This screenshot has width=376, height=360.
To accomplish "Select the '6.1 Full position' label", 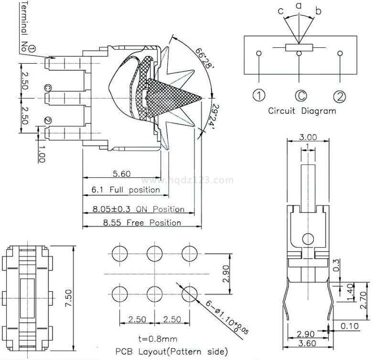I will point(126,190).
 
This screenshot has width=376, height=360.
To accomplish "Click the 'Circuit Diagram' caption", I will point(301,111).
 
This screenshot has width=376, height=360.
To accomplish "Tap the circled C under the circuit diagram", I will point(300,96).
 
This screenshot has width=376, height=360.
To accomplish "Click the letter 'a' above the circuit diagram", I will point(299,6).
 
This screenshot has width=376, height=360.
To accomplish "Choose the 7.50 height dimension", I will point(68,299).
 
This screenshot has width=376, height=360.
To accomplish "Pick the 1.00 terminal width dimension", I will point(41,154).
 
